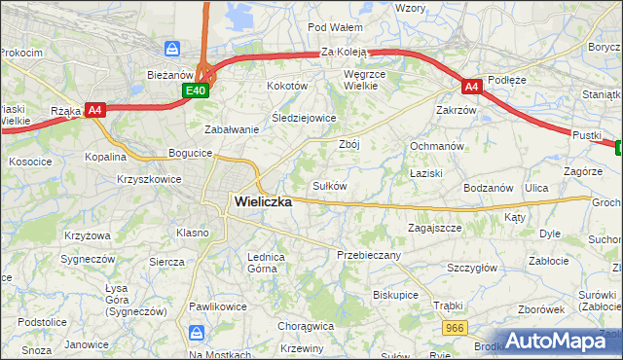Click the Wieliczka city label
(x=263, y=202)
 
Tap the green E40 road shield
(x=195, y=90)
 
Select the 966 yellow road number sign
(x=453, y=331)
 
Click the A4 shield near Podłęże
(x=471, y=87)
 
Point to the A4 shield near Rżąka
(x=94, y=110)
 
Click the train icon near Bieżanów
(x=172, y=48)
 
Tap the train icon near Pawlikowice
(x=198, y=334)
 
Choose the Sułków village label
(x=329, y=185)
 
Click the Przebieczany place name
(x=368, y=254)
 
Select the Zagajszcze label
(x=433, y=228)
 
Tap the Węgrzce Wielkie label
(x=368, y=80)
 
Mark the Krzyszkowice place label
(x=150, y=180)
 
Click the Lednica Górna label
(x=265, y=263)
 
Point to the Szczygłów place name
(x=472, y=268)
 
